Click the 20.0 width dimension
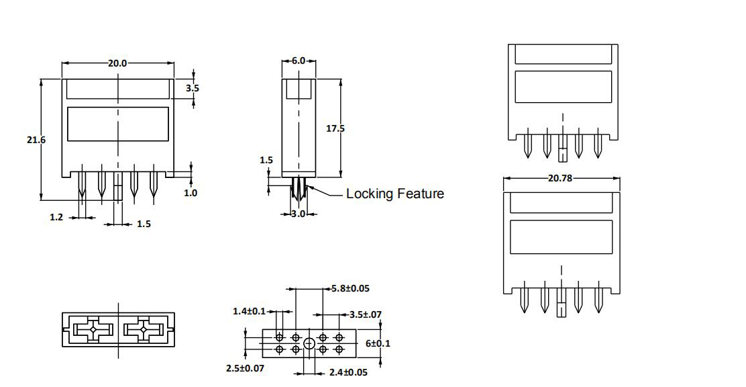pos(117,63)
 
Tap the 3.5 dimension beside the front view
pos(193,88)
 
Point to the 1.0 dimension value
pos(191,193)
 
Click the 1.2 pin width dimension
pos(56,217)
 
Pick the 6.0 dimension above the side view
pos(299,61)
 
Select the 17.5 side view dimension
pos(335,128)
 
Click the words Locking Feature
pos(395,193)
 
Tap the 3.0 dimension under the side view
pos(299,214)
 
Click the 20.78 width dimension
pos(560,178)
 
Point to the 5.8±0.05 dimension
pos(350,288)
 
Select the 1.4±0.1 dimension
pos(250,311)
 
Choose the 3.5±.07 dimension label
pos(366,314)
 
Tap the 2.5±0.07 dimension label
pos(245,368)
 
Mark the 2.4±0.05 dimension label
pos(348,372)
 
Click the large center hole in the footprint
pos(309,343)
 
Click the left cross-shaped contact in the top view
pos(94,330)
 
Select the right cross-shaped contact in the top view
pos(143,330)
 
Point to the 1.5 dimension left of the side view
pos(266,160)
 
